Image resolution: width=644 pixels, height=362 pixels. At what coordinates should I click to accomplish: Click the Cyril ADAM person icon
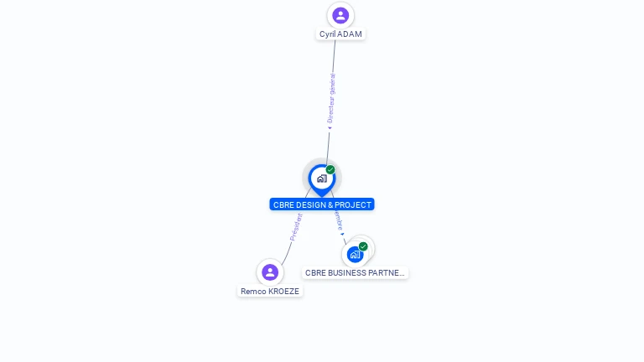click(x=340, y=15)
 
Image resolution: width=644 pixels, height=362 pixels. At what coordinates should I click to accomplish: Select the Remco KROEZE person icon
click(x=269, y=272)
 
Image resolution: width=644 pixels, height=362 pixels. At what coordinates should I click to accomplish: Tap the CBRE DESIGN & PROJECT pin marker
click(x=321, y=178)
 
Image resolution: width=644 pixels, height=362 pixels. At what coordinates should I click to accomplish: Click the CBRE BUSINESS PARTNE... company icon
click(x=355, y=254)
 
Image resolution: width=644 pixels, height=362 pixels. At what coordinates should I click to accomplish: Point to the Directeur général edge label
click(x=331, y=99)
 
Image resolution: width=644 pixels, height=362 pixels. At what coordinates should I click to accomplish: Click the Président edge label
click(x=296, y=227)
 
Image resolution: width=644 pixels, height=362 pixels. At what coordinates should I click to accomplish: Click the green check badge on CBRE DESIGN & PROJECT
click(x=330, y=170)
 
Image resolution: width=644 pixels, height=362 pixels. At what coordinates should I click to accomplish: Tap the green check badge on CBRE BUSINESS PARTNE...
click(x=363, y=246)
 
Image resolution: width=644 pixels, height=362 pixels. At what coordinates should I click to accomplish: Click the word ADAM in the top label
click(x=351, y=34)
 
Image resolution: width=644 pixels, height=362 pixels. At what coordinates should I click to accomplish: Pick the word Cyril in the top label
click(x=328, y=34)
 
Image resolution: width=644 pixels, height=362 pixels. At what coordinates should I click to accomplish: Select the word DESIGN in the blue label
click(x=311, y=204)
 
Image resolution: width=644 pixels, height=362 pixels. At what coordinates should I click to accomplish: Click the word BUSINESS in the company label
click(x=345, y=273)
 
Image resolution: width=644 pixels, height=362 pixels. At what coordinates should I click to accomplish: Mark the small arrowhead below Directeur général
click(x=329, y=128)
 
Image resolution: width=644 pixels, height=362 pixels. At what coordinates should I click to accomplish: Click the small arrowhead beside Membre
click(x=342, y=234)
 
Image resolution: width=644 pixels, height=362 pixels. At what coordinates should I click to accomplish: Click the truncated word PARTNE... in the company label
click(x=387, y=273)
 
